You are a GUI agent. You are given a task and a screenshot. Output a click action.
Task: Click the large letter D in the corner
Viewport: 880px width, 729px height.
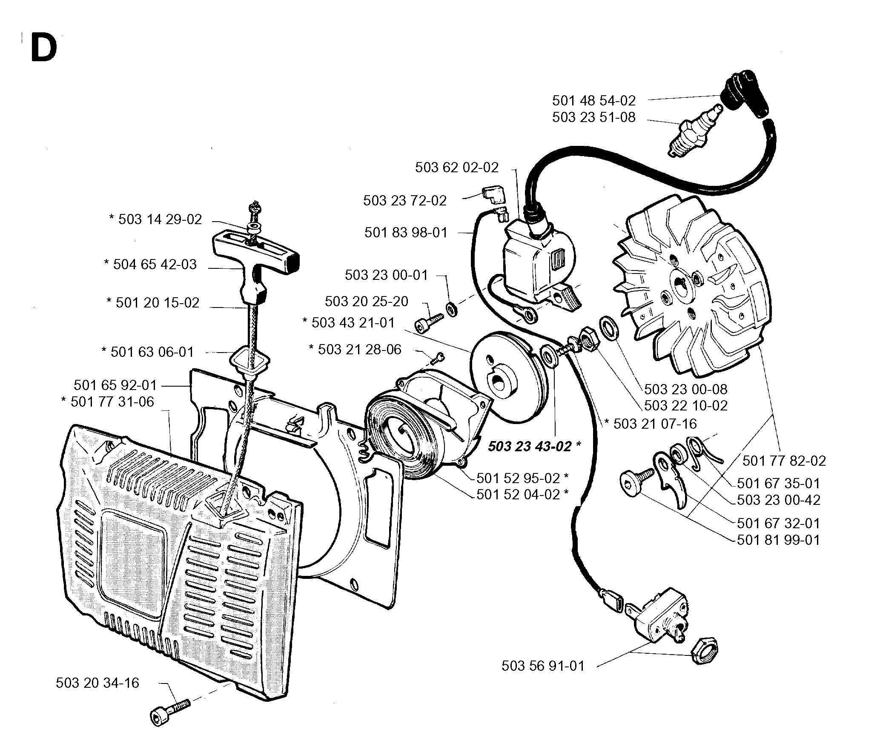(x=44, y=48)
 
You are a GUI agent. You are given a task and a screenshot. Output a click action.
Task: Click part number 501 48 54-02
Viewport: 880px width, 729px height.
(x=594, y=101)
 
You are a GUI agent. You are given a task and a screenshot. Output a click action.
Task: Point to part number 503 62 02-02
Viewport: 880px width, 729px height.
(x=457, y=168)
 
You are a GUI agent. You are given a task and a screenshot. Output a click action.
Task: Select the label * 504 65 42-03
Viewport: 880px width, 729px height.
(x=150, y=265)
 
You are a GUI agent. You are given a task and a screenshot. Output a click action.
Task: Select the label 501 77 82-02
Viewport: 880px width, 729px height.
(x=784, y=461)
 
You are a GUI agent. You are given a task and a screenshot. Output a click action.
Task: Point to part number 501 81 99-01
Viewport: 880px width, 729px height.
(x=778, y=540)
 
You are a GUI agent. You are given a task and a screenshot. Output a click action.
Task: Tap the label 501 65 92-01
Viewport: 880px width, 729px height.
(x=115, y=385)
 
